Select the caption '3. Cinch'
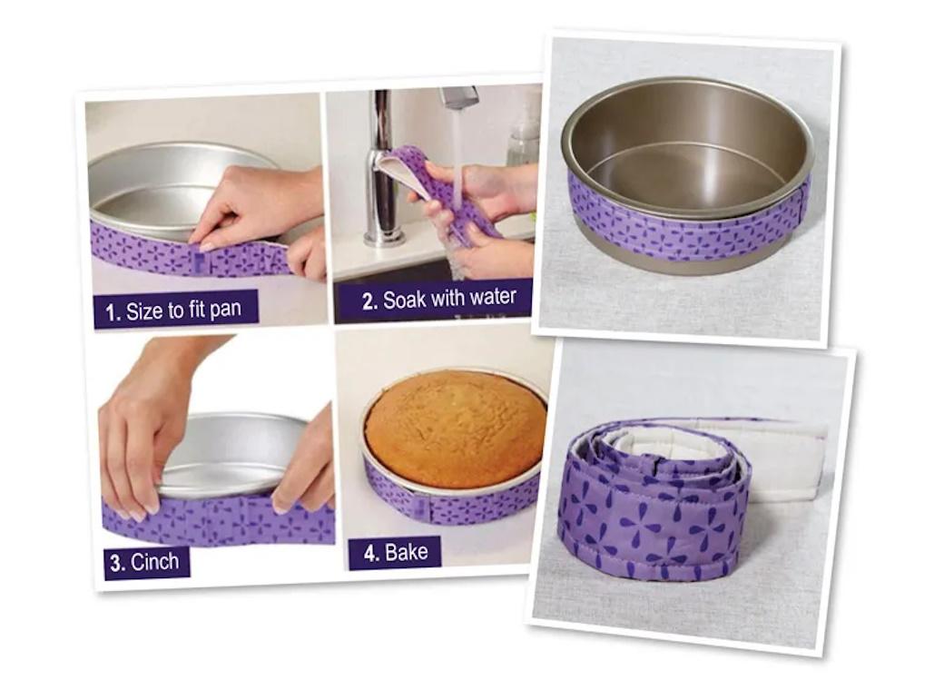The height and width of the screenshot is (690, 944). point(146,562)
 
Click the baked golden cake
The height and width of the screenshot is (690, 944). point(455,428)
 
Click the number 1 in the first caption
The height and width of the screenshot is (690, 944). point(112,313)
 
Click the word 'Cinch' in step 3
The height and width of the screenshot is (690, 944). point(155,562)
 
